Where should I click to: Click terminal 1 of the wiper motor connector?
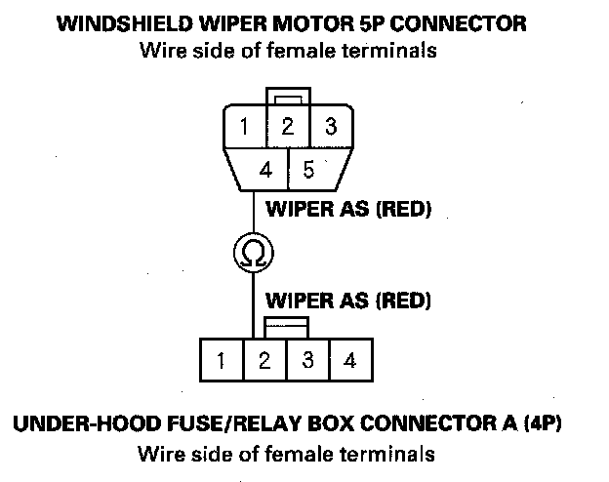coord(245,126)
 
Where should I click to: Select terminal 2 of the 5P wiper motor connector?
coord(288,126)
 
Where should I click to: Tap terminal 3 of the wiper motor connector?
coord(331,126)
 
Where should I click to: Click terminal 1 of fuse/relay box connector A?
coord(222,360)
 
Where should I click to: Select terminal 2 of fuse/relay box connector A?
coord(264,360)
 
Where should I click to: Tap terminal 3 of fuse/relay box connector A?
coord(308,360)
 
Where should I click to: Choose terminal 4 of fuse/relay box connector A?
coord(351,360)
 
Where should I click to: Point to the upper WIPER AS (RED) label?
coord(348,209)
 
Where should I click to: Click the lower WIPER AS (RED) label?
coord(348,301)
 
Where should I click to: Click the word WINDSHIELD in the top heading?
coord(125,23)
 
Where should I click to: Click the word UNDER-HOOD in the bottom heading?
coord(88,423)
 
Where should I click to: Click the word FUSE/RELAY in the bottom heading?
coord(234,423)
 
